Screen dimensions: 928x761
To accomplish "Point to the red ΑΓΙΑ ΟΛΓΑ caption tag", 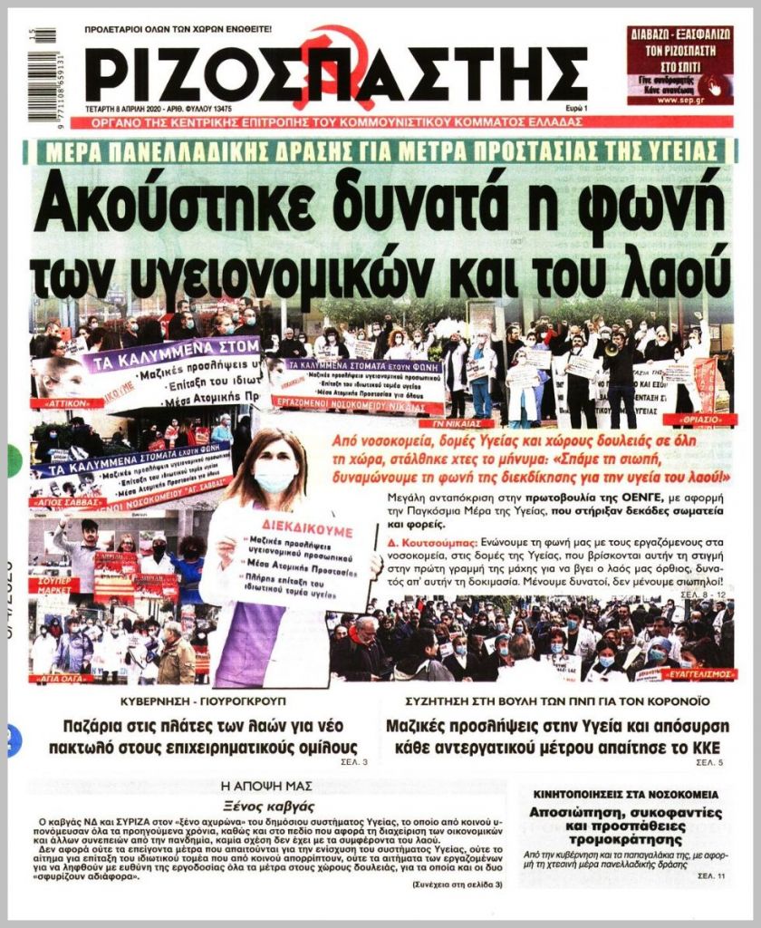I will pos(63,677).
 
